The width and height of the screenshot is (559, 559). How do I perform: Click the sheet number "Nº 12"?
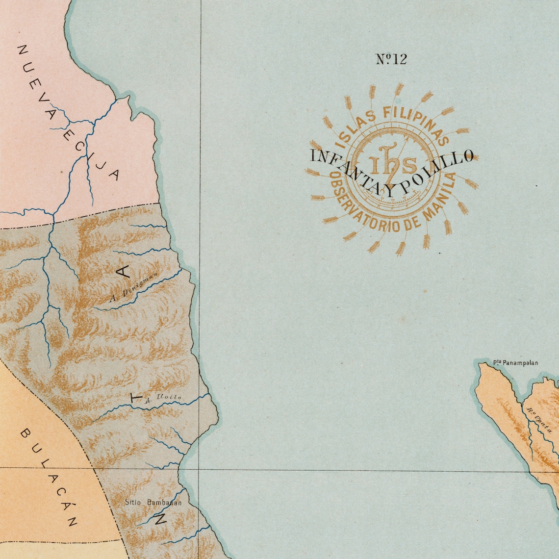coord(391,59)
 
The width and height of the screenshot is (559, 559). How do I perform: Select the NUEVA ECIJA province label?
coord(69,113)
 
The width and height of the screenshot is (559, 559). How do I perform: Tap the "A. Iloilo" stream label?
coord(163,398)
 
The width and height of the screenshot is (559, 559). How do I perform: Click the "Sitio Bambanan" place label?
coord(153,503)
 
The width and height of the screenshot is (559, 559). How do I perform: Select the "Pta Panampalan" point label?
coord(515,363)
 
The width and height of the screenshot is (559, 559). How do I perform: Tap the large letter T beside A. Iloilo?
coord(136,398)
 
